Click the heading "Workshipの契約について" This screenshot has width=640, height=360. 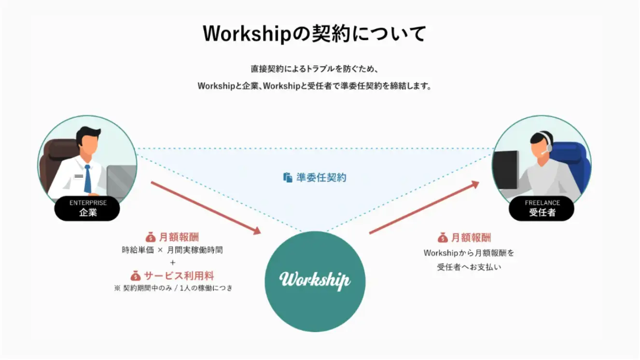click(x=314, y=34)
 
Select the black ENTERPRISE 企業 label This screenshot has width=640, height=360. click(x=87, y=208)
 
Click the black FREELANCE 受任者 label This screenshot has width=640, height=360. click(x=542, y=208)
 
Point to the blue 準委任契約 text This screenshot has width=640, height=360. click(x=321, y=178)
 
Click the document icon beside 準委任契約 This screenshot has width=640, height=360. click(x=288, y=178)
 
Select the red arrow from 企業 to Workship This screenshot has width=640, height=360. click(x=206, y=208)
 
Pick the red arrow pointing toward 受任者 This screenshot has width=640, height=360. click(x=424, y=208)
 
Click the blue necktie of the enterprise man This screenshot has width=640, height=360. click(x=88, y=178)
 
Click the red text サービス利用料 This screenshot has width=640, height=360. click(x=179, y=276)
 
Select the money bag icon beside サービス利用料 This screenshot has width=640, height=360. click(x=136, y=276)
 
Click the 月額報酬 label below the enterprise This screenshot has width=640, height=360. click(x=179, y=237)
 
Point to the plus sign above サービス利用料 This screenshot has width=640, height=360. click(x=172, y=263)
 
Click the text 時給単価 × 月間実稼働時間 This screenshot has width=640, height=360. click(x=172, y=250)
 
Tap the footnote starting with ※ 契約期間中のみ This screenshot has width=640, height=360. click(x=173, y=289)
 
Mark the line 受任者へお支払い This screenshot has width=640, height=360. click(x=469, y=267)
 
